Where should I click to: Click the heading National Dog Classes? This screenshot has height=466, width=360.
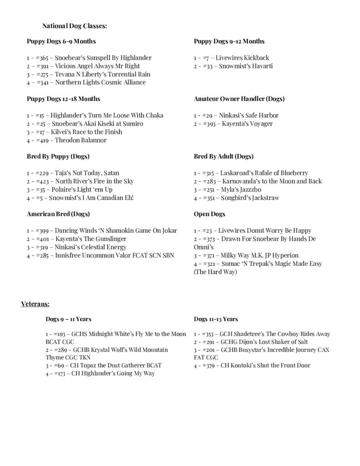(x=75, y=26)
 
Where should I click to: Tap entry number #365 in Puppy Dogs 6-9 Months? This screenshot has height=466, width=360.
(x=42, y=58)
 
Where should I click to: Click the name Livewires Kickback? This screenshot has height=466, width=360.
(x=242, y=58)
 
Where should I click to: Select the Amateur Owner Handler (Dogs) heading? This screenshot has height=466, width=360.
(x=239, y=99)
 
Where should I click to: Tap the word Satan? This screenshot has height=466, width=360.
(x=112, y=173)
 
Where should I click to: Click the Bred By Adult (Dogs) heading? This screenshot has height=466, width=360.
(x=223, y=157)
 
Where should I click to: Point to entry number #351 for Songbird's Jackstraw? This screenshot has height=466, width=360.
(x=209, y=198)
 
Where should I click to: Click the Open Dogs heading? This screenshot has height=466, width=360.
(x=209, y=214)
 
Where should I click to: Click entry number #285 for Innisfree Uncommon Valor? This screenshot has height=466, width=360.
(x=42, y=255)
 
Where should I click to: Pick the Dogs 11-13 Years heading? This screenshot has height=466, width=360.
(x=216, y=319)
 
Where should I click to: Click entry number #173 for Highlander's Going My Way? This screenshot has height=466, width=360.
(x=63, y=374)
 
